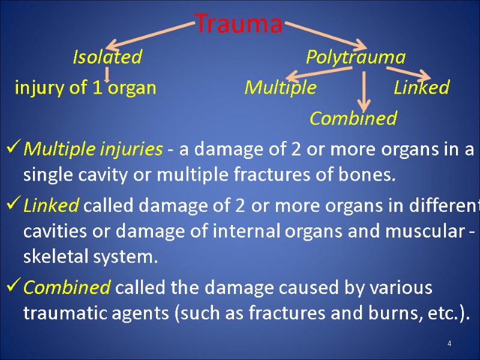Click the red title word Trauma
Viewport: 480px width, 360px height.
point(239,25)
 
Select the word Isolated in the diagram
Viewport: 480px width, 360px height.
point(107,57)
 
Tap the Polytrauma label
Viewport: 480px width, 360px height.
point(355,57)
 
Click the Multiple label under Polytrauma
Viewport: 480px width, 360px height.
point(280,88)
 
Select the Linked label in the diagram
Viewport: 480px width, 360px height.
point(421,88)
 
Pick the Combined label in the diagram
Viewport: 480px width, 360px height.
point(353,118)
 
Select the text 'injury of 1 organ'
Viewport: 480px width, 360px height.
point(85,88)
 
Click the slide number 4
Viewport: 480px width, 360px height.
point(449,343)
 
